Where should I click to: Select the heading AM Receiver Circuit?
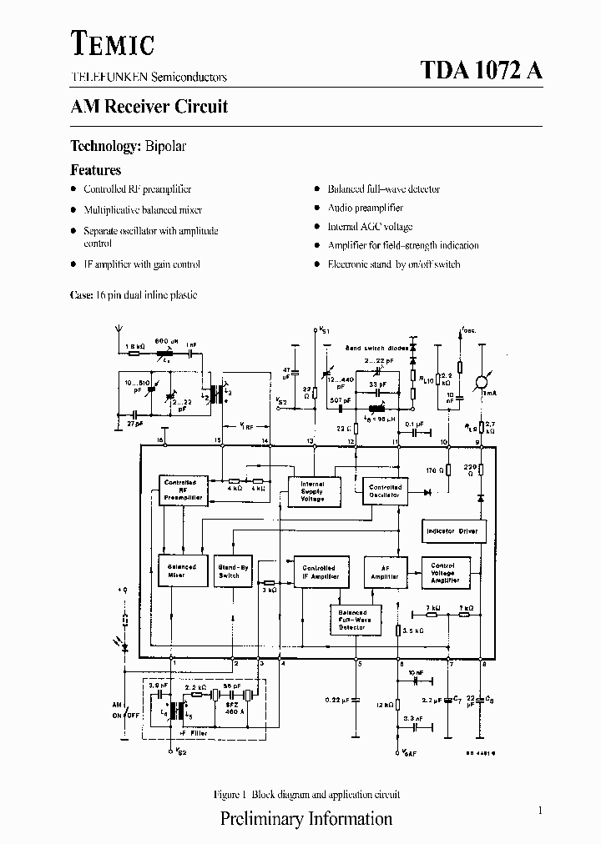click(x=149, y=107)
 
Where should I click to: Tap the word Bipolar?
click(x=165, y=146)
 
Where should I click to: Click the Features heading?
click(x=95, y=169)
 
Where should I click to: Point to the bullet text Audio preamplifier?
click(x=365, y=208)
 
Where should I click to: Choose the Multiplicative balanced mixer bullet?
click(x=143, y=209)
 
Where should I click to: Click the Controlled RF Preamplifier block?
click(x=181, y=490)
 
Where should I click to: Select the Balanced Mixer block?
click(x=181, y=571)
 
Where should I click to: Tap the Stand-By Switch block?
click(x=234, y=571)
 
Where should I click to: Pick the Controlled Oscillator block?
click(x=385, y=490)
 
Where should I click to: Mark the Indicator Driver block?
click(x=452, y=531)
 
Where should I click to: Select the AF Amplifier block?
click(x=385, y=571)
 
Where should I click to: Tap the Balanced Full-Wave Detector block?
click(x=353, y=619)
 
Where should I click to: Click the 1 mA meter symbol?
click(x=481, y=381)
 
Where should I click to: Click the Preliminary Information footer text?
click(x=306, y=818)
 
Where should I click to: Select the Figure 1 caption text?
click(x=306, y=794)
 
